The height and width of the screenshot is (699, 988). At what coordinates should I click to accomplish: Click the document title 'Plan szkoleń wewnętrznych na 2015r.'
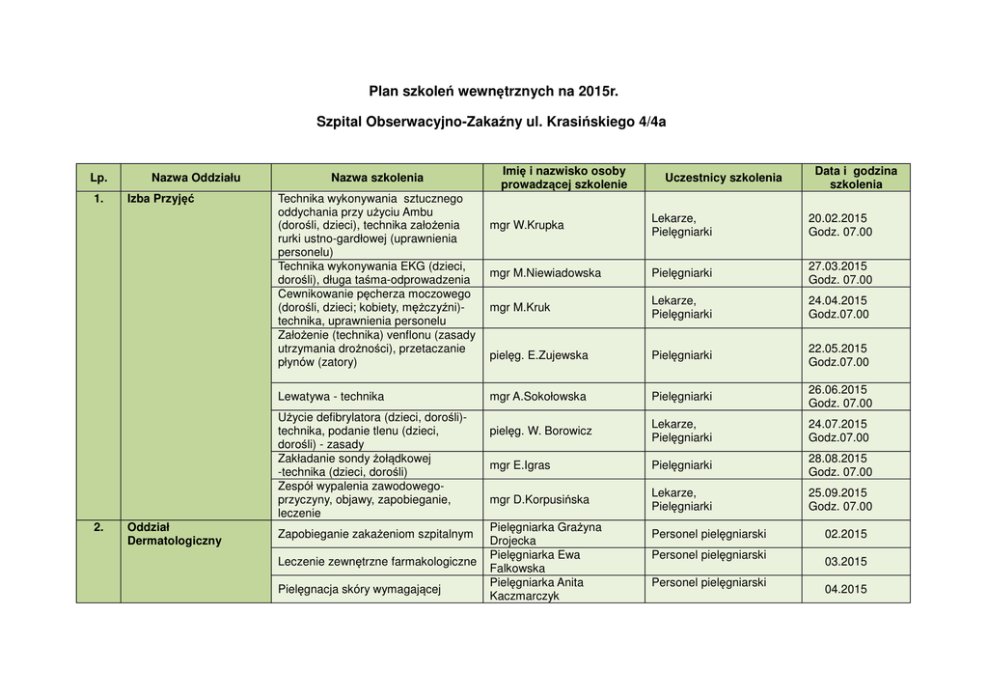(493, 92)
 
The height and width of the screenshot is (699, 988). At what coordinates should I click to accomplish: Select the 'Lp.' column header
(98, 178)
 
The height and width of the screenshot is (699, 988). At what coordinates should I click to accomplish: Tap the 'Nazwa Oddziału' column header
(196, 178)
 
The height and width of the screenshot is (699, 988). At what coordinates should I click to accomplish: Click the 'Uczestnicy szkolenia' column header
(723, 178)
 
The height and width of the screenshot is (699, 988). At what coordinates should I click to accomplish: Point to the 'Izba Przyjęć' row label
(160, 199)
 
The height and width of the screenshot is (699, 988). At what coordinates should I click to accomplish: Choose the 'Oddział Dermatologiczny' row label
(174, 534)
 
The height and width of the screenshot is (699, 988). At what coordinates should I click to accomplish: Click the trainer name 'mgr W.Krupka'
(527, 225)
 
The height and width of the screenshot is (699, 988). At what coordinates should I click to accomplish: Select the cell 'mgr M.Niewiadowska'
(545, 273)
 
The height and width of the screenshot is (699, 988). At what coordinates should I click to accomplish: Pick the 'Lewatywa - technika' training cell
(331, 397)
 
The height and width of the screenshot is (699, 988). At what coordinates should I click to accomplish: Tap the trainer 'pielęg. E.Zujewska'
(538, 355)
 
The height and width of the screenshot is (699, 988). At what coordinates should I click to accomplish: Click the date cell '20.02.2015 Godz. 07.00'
(839, 225)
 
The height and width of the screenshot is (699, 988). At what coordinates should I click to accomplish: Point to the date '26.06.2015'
(837, 390)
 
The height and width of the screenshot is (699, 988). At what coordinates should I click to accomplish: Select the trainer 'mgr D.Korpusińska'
(539, 500)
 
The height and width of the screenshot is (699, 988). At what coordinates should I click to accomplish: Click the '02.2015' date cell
(845, 534)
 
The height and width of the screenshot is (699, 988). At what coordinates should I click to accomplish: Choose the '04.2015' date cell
(845, 590)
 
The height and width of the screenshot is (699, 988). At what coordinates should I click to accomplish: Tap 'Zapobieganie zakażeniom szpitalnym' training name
(375, 534)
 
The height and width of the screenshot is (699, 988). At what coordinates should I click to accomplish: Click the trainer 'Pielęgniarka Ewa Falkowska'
(535, 562)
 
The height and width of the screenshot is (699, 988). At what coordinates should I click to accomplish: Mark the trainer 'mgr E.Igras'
(520, 465)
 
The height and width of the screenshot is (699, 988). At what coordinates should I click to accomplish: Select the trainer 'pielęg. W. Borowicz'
(540, 431)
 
